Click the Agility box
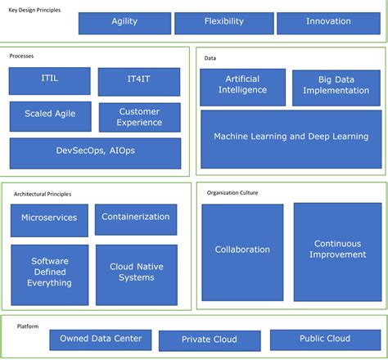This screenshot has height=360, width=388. point(124,23)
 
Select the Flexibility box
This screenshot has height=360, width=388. point(223,23)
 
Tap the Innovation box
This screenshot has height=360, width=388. point(327,23)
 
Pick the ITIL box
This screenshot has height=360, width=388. point(49,81)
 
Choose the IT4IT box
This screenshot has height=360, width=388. point(138,81)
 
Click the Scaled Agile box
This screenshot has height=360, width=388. point(49,116)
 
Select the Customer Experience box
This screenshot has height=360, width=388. point(138,116)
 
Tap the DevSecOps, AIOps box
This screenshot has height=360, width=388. point(95,153)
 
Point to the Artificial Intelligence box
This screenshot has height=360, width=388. point(242,87)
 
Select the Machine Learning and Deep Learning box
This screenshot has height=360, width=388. point(291,138)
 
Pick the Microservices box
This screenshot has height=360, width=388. point(49,219)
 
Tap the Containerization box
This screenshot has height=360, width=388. point(136,218)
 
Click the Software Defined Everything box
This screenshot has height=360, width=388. point(49,272)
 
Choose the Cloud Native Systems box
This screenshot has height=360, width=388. point(136,272)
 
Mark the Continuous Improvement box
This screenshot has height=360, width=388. point(337,250)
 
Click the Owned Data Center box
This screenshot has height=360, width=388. point(101,339)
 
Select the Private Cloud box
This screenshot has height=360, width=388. point(210,340)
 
